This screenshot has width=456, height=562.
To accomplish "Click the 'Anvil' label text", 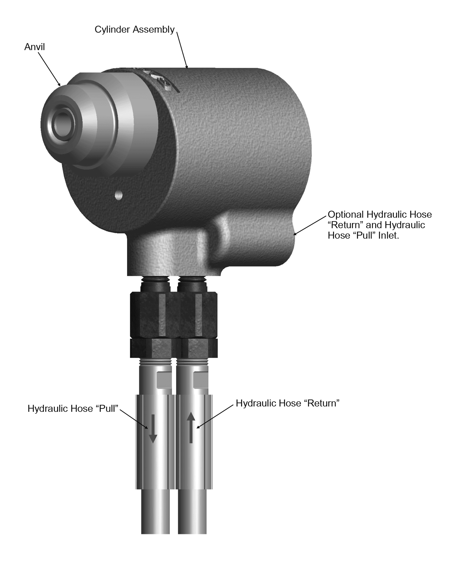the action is [x=34, y=47].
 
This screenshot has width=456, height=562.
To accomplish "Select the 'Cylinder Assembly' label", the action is [x=134, y=30].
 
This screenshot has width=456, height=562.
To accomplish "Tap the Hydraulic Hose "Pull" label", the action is [x=73, y=409].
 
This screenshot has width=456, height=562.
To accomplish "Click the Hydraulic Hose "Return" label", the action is [x=288, y=403].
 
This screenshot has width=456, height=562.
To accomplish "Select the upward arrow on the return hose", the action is [x=191, y=427].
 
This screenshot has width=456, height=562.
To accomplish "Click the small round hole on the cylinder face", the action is [x=118, y=195].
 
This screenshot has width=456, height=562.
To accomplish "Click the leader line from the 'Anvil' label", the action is [x=49, y=69].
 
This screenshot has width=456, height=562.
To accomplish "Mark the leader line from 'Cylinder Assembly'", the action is [x=182, y=50].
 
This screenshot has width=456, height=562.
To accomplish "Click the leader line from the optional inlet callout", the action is [x=310, y=225].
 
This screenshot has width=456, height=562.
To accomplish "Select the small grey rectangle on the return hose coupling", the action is [x=200, y=381].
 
